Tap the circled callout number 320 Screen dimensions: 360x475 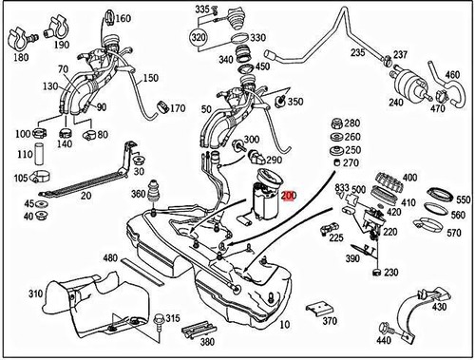(x=198, y=38)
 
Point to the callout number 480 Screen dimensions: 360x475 (x=110, y=257)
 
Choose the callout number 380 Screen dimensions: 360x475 (x=207, y=340)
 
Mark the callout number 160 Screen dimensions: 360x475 (x=123, y=18)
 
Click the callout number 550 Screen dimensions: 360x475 (x=463, y=200)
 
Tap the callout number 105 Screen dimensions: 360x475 (x=20, y=178)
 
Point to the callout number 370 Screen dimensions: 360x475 (x=329, y=322)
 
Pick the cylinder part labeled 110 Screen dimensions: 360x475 (x=40, y=155)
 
